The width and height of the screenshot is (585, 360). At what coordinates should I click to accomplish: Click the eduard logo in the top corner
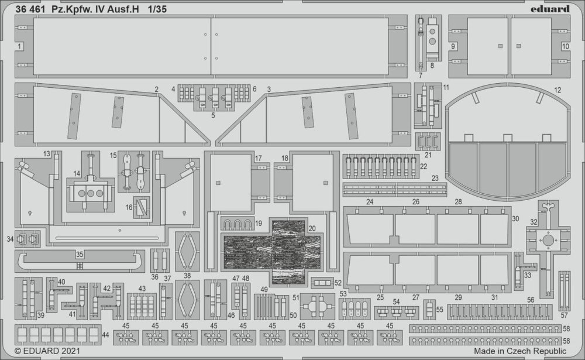(x=550, y=9)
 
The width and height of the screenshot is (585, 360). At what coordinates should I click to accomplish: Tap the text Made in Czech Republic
(x=520, y=351)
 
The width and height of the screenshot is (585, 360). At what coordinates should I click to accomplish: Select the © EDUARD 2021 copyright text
(x=47, y=351)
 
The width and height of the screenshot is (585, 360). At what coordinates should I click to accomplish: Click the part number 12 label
(x=558, y=90)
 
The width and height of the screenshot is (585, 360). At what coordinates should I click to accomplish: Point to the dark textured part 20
(x=272, y=252)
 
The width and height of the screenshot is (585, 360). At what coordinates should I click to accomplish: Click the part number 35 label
(x=80, y=255)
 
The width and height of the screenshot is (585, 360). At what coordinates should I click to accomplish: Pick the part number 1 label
(x=19, y=46)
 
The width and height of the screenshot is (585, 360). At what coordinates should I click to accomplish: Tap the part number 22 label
(x=424, y=166)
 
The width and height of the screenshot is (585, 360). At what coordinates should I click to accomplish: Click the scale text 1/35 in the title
(x=157, y=9)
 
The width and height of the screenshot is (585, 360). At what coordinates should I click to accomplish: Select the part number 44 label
(x=105, y=335)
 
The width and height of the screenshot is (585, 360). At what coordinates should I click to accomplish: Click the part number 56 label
(x=531, y=300)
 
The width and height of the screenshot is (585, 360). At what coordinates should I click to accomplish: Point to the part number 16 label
(x=129, y=207)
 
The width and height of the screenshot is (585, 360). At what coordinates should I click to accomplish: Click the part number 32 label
(x=534, y=222)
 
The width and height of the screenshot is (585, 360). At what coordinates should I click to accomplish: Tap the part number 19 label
(x=259, y=224)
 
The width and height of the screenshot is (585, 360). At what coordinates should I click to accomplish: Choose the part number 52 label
(x=338, y=283)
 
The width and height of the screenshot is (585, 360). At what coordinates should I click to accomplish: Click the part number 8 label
(x=432, y=66)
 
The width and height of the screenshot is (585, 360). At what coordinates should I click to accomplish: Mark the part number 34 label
(x=10, y=239)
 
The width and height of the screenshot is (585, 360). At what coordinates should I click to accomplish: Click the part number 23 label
(x=435, y=179)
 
